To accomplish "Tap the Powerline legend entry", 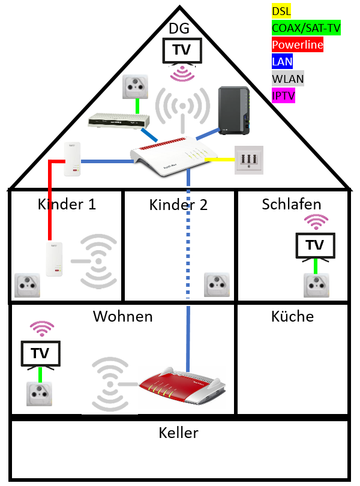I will (x=297, y=44).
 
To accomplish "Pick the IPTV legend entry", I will (x=283, y=95).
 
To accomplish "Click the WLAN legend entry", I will (x=288, y=79).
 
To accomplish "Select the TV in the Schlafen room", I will (x=314, y=245).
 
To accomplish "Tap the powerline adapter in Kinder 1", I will (x=55, y=260).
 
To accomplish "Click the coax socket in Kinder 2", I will (x=216, y=284).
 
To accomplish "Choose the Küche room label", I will (x=292, y=316).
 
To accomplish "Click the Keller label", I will (x=178, y=433).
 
